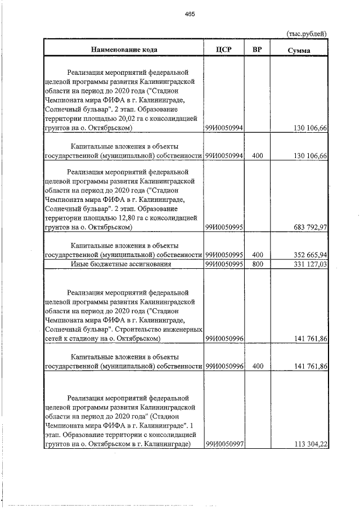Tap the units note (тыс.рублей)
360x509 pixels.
coord(307,34)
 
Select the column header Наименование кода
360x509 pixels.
coord(124,49)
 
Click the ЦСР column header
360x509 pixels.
coord(224,49)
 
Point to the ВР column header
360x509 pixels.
coord(257,49)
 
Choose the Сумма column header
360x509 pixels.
coord(299,50)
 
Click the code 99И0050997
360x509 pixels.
coord(224,444)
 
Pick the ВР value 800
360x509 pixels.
coord(258,264)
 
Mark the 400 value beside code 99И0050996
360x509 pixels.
coord(258,366)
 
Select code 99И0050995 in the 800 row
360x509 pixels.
coord(224,264)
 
